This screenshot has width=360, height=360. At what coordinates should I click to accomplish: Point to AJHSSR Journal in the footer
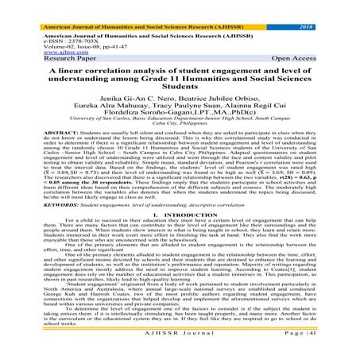(x=180, y=350)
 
